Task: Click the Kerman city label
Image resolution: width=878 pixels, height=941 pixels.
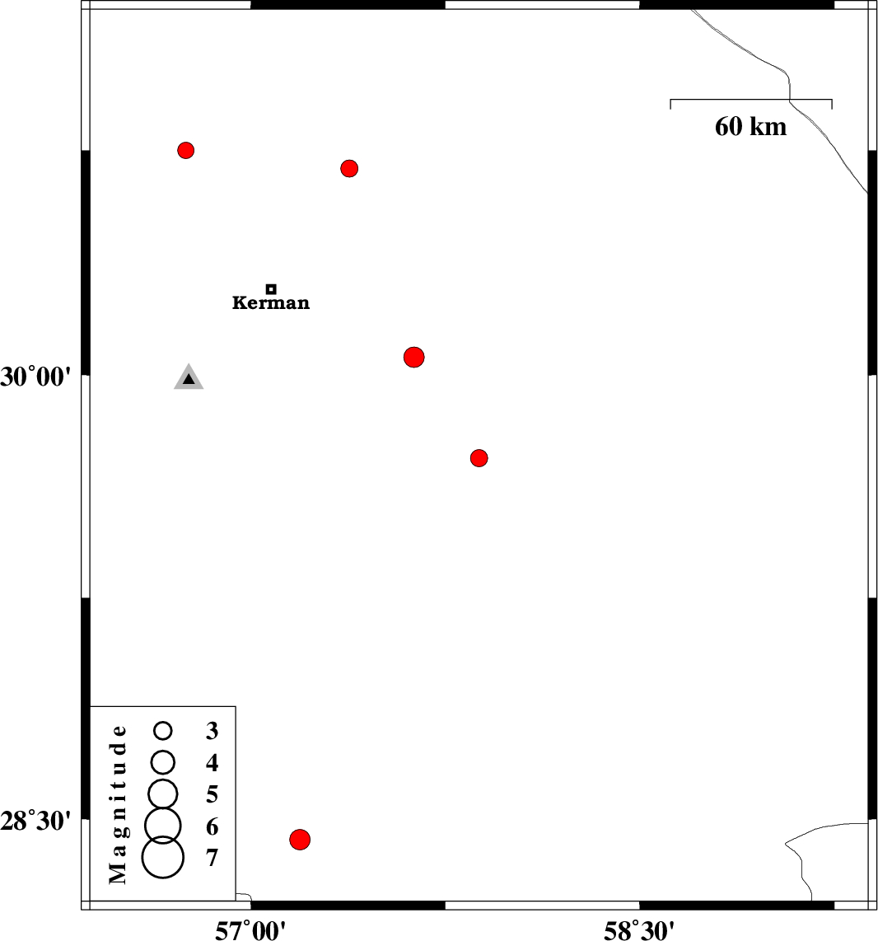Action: (271, 303)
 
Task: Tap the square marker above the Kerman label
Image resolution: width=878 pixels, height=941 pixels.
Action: (271, 289)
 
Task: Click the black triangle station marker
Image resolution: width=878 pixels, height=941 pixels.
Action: (189, 378)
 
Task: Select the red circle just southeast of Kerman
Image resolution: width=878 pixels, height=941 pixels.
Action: (414, 357)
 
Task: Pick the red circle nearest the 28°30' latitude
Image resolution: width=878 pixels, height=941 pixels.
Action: (300, 840)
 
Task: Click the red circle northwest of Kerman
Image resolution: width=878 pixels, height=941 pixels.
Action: (186, 150)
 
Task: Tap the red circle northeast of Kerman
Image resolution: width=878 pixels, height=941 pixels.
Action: (349, 169)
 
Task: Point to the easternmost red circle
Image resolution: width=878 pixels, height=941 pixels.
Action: (479, 458)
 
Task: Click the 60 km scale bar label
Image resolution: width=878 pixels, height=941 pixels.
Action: (750, 127)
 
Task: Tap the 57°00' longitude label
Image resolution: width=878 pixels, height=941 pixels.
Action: (250, 929)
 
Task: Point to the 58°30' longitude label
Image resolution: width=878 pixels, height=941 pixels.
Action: (640, 929)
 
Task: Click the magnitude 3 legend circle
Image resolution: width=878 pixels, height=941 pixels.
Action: (163, 730)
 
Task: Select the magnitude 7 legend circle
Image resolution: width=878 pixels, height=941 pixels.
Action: (163, 857)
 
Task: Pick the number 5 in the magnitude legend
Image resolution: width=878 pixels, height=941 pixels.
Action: (212, 794)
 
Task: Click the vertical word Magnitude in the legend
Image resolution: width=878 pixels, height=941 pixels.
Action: (119, 804)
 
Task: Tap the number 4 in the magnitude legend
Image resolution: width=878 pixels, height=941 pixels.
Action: (212, 763)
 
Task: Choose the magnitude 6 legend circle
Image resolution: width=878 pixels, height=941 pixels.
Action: (163, 823)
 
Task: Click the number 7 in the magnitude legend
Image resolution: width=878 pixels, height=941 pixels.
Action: (212, 859)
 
